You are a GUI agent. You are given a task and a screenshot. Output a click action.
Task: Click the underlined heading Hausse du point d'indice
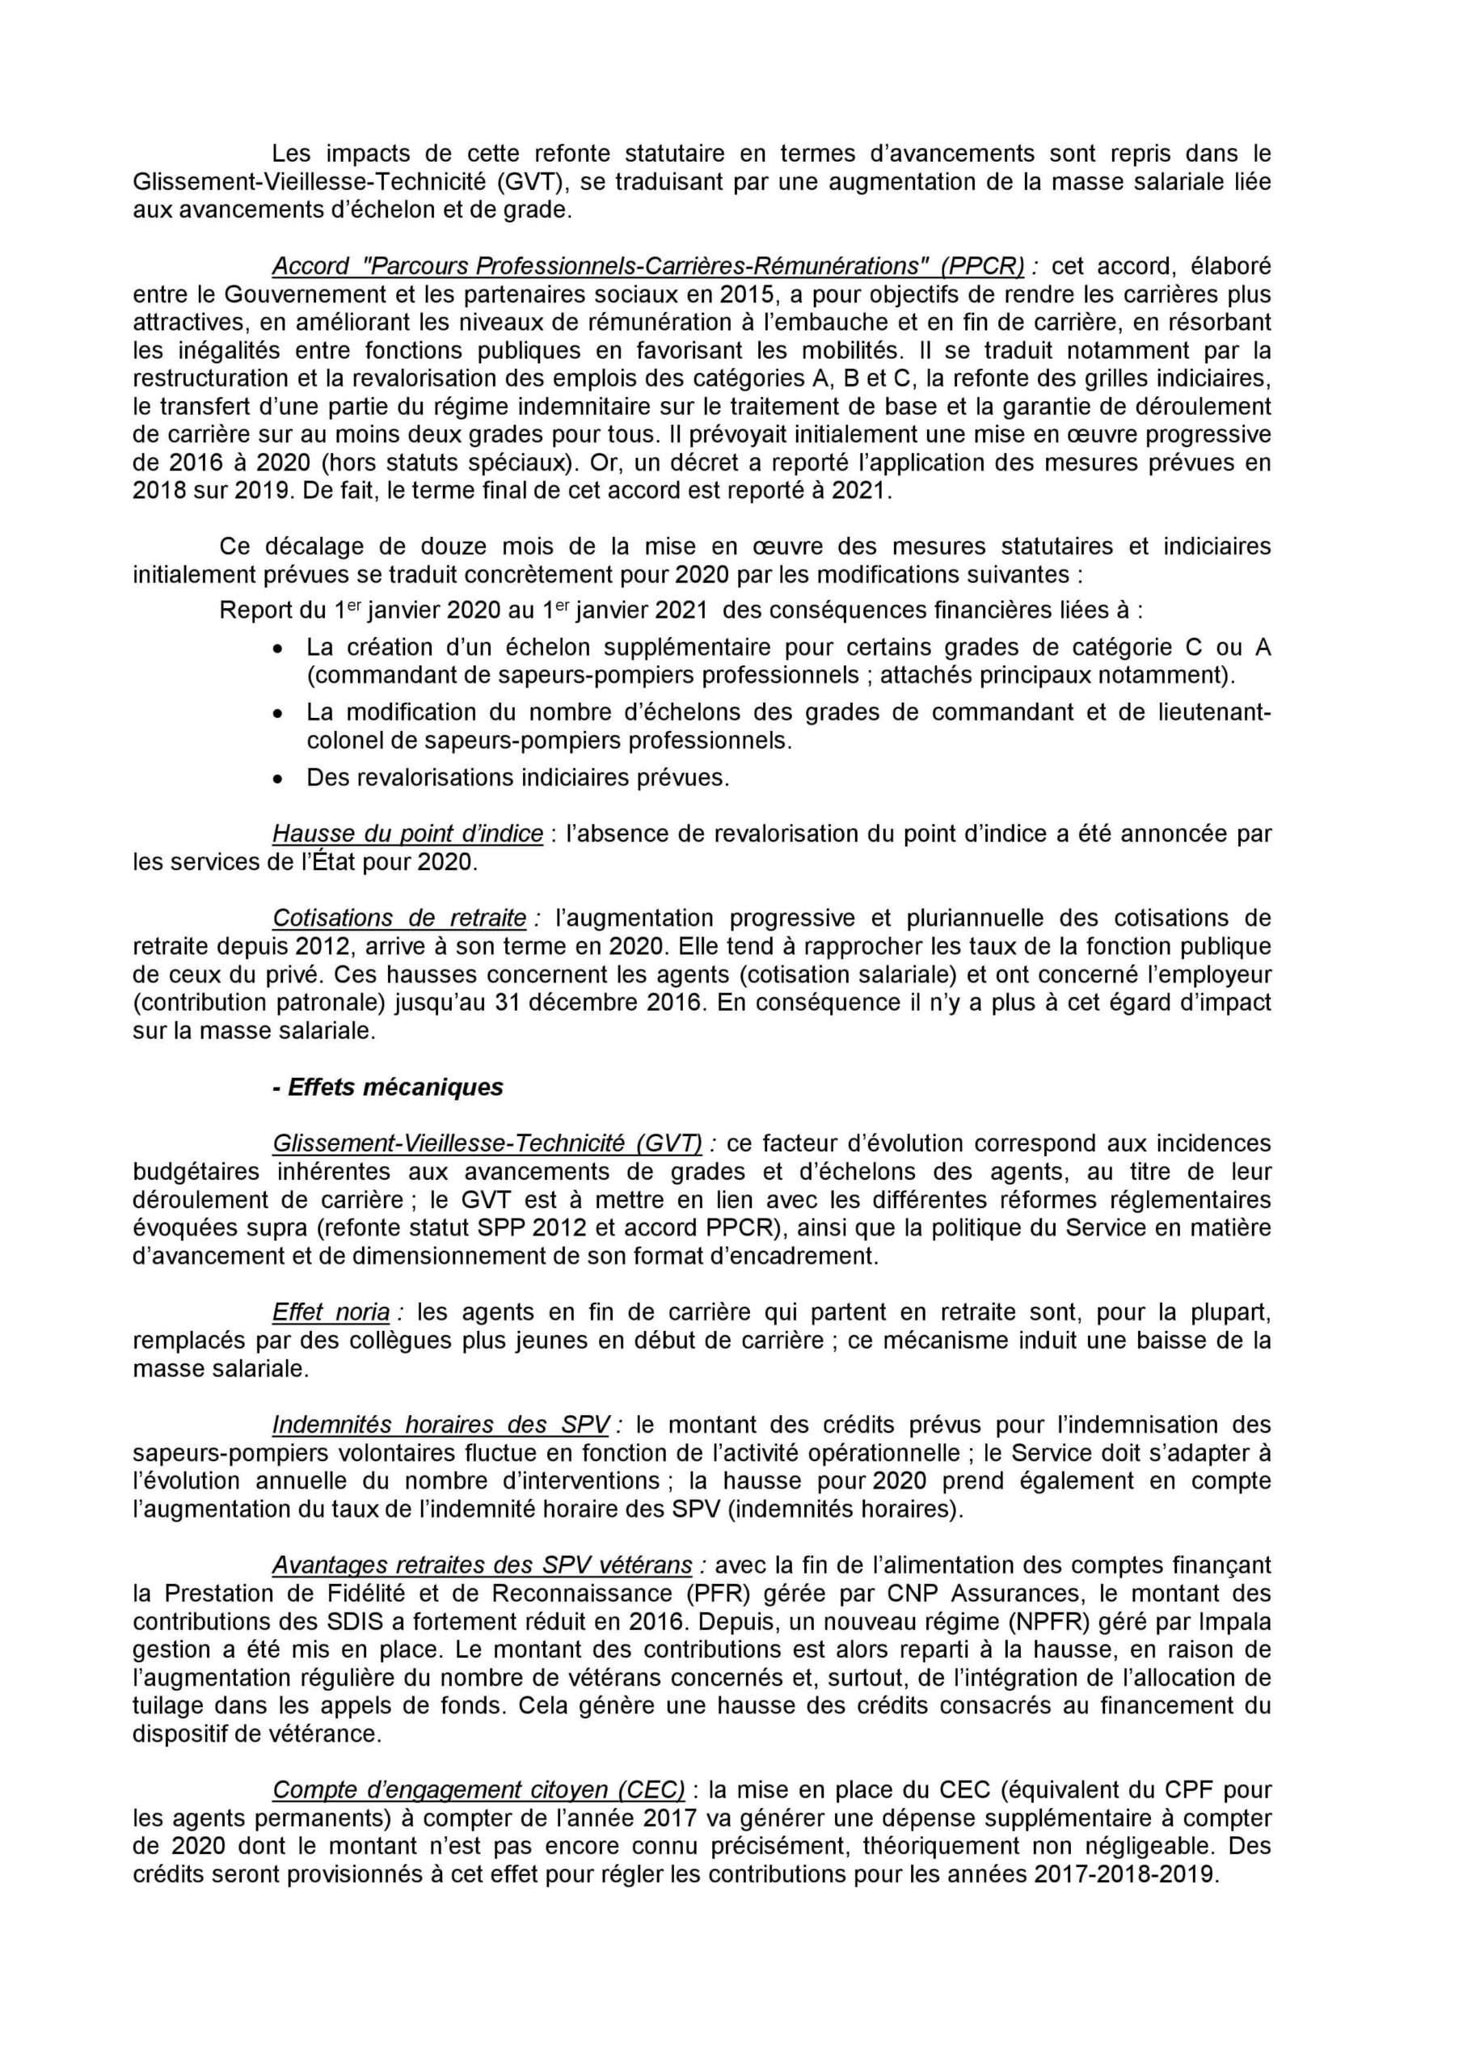407,833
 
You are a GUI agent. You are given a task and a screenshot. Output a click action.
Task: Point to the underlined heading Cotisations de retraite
399,918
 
